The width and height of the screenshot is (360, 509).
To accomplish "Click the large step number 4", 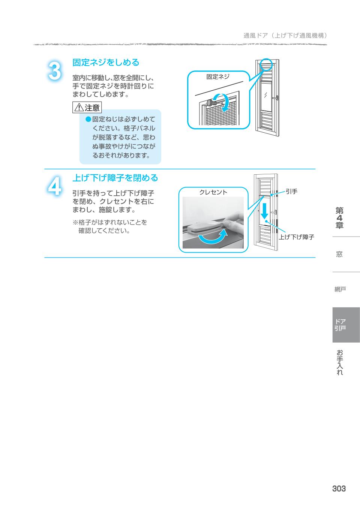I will [55, 186].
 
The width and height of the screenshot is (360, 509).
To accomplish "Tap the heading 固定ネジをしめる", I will [105, 62].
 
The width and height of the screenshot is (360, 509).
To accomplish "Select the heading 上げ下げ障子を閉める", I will [115, 178].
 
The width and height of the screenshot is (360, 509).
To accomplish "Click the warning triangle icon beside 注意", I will [79, 108].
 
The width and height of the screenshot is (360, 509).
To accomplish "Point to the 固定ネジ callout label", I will [217, 77].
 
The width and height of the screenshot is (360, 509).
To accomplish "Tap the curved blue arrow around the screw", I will [225, 102].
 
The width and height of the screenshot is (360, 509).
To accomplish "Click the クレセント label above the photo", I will [213, 192].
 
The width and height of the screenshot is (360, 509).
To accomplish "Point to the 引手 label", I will [291, 192].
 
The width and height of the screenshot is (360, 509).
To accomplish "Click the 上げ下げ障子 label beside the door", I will [296, 237].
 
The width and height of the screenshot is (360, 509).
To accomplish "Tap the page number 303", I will [339, 488].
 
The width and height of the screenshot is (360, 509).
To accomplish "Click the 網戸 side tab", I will [340, 289].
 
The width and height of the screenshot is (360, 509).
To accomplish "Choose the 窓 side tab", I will [339, 254].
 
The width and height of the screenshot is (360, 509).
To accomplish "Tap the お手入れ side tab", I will [340, 362].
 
